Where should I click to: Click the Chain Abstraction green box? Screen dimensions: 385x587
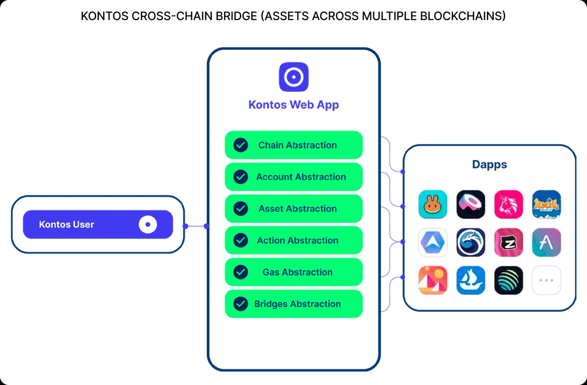[293, 145]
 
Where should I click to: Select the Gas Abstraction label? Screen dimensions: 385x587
[297, 272]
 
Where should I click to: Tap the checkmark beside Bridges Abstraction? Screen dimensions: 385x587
[241, 304]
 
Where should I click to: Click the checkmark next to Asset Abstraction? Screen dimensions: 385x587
[241, 208]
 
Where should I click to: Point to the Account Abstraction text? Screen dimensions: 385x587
[301, 177]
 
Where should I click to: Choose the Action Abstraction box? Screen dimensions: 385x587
[293, 240]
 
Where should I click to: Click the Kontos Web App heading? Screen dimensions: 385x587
[293, 105]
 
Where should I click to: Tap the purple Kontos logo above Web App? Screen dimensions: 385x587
[293, 77]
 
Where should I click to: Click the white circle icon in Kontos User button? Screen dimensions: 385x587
[148, 224]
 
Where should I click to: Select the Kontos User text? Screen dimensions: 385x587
[66, 224]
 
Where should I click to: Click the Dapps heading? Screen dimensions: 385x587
[489, 164]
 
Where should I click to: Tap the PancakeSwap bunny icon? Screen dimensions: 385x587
[433, 204]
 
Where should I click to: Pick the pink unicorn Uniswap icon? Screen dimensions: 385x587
[508, 204]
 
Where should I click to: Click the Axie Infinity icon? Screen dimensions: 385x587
[546, 204]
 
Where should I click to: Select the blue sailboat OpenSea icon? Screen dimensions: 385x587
[471, 280]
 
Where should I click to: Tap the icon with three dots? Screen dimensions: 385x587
[546, 280]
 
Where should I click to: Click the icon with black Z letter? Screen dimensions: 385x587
[508, 242]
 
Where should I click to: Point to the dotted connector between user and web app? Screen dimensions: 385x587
[196, 226]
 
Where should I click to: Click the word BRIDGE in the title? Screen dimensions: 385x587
[236, 16]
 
